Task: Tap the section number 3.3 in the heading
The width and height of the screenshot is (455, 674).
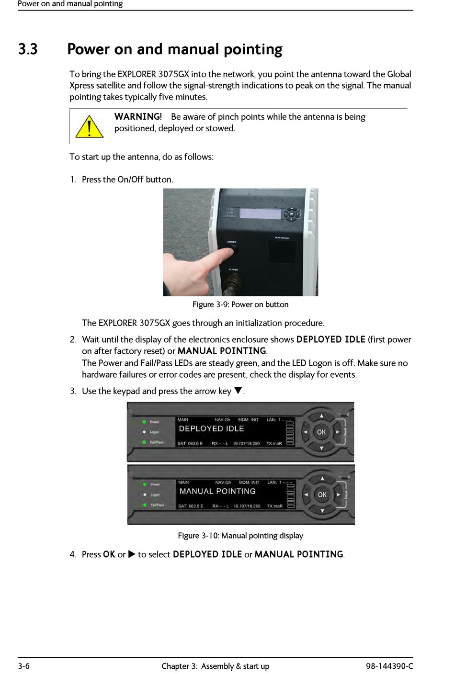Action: [x=28, y=49]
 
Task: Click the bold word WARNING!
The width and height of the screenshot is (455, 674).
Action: [x=138, y=117]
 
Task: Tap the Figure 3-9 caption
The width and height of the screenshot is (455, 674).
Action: [x=240, y=304]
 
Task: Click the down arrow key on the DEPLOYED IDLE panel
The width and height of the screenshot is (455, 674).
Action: [x=321, y=448]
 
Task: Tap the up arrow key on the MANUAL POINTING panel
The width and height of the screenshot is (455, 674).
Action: [x=322, y=478]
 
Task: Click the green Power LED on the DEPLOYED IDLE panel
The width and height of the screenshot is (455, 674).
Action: [x=143, y=422]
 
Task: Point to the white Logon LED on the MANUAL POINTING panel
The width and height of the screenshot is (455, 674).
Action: [x=144, y=494]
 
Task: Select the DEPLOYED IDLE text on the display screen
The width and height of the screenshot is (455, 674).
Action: [x=211, y=429]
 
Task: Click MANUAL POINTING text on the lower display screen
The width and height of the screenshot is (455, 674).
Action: [x=217, y=491]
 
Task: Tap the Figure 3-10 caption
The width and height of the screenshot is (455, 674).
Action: [x=240, y=536]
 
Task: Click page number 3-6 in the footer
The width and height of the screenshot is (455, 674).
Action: [x=24, y=666]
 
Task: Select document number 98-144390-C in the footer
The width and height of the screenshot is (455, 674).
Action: [x=389, y=666]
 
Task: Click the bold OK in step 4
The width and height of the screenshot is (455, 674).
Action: [x=109, y=554]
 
